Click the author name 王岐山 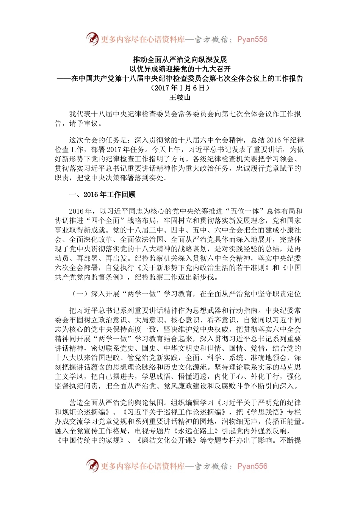(180, 97)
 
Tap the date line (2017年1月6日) (180, 88)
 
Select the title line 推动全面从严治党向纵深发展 (180, 60)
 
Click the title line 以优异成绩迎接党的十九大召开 (180, 69)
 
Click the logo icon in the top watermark (92, 39)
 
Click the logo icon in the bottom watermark (92, 465)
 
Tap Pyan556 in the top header (252, 39)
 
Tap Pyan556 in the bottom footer (252, 466)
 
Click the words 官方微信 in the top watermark (211, 39)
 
